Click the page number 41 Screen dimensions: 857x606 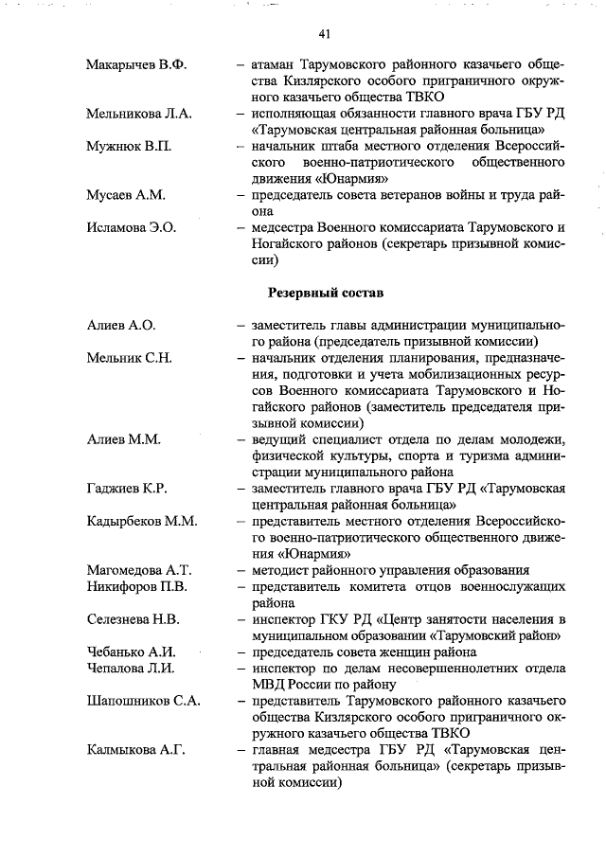(x=324, y=35)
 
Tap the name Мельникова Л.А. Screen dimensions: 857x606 (x=139, y=114)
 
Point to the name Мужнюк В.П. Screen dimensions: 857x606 (x=129, y=146)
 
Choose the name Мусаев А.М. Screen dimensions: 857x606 (x=125, y=195)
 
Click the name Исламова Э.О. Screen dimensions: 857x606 (x=132, y=227)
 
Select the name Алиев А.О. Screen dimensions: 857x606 (x=120, y=325)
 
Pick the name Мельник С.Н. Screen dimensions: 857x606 (x=129, y=358)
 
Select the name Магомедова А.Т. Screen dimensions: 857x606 (x=138, y=570)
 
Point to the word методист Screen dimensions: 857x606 (x=283, y=570)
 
